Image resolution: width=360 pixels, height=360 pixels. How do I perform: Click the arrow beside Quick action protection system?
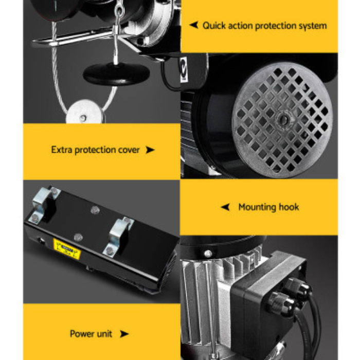pyautogui.click(x=193, y=25)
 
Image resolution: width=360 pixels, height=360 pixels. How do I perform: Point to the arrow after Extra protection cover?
pyautogui.click(x=150, y=150)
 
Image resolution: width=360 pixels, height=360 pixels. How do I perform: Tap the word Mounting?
pyautogui.click(x=257, y=207)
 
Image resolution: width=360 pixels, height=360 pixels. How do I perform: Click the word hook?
pyautogui.click(x=289, y=207)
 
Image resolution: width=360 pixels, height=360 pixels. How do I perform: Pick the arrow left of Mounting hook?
pyautogui.click(x=225, y=207)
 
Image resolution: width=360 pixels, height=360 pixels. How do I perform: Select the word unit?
pyautogui.click(x=105, y=334)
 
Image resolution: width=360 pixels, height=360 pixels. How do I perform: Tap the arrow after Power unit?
pyautogui.click(x=124, y=334)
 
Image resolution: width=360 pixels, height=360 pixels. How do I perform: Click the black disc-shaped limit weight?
pyautogui.click(x=116, y=74)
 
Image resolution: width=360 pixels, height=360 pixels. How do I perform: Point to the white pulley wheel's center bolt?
pyautogui.click(x=83, y=118)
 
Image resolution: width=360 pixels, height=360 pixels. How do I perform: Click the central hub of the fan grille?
pyautogui.click(x=283, y=119)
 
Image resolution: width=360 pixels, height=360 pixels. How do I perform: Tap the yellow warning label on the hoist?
pyautogui.click(x=66, y=249)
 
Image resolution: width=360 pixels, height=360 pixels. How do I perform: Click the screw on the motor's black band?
pyautogui.click(x=208, y=254)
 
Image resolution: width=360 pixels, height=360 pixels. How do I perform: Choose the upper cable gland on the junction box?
pyautogui.click(x=298, y=286)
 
